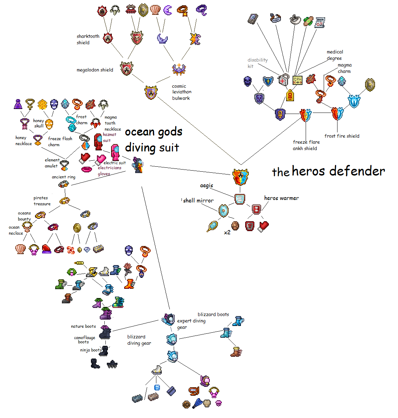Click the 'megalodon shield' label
95,70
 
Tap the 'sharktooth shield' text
88,39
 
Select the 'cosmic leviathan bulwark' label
181,92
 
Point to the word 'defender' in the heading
357,171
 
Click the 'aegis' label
207,185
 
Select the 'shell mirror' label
198,201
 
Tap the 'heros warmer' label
281,198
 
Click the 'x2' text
227,233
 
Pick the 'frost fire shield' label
342,136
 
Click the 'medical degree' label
335,55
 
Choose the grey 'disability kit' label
257,63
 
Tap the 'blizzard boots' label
213,314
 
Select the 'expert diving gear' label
191,324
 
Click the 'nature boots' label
83,326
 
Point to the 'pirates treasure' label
42,201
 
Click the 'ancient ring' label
63,177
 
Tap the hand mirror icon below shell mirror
212,226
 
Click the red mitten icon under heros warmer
264,226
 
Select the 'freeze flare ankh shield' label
306,145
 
